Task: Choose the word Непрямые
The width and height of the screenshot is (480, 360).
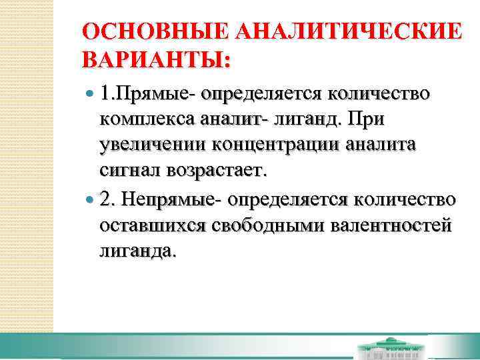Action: click(x=175, y=199)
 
